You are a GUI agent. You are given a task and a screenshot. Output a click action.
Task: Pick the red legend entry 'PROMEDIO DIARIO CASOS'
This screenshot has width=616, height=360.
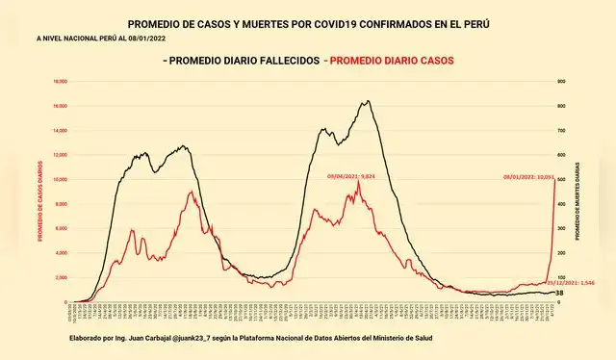tap(389, 61)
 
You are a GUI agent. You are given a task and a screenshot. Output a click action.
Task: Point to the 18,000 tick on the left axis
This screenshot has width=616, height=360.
tap(60, 82)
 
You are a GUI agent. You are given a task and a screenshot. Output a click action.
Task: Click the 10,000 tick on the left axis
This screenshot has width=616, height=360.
tap(60, 180)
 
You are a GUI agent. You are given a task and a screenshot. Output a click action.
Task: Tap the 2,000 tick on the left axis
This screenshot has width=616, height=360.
tap(61, 278)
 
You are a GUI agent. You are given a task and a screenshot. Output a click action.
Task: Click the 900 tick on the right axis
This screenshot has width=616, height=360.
tap(562, 82)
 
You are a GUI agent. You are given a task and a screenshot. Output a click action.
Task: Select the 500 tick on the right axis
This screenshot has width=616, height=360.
tap(562, 180)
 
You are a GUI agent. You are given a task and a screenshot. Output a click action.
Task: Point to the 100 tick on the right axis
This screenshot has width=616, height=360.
tap(562, 278)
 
